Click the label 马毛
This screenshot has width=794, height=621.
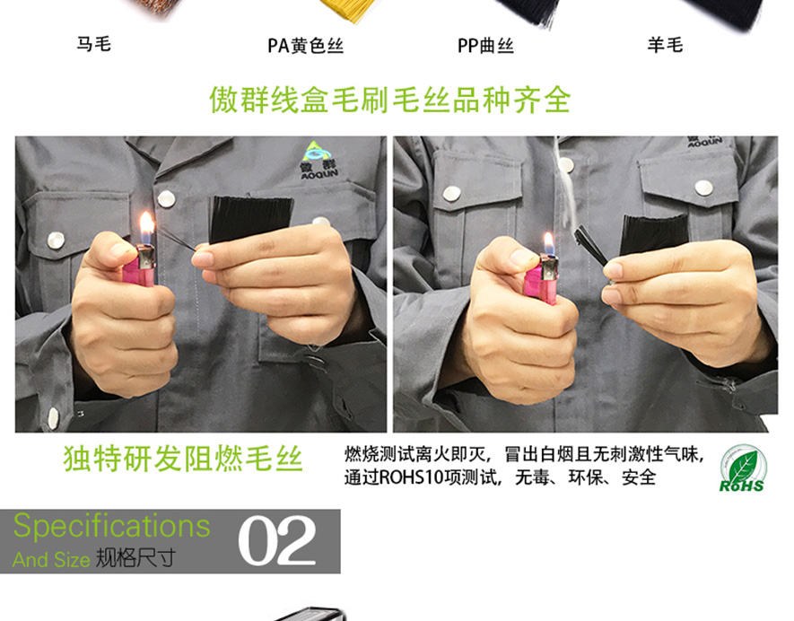[93, 44]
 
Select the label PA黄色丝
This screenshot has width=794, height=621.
[305, 45]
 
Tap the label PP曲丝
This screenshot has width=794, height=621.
[485, 45]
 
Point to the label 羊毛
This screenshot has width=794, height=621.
[666, 44]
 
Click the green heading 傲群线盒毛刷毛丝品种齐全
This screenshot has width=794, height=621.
[390, 99]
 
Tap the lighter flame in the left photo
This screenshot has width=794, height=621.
[147, 227]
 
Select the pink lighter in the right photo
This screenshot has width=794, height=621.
[543, 277]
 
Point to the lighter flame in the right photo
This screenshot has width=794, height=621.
[547, 242]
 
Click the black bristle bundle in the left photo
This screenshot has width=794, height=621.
[251, 218]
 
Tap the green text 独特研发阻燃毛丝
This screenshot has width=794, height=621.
[183, 459]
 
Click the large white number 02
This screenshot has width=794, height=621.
[277, 540]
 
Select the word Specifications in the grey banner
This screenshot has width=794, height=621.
[112, 526]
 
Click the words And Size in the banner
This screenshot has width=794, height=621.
[51, 560]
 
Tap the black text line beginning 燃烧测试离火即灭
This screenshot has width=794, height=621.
[524, 455]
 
